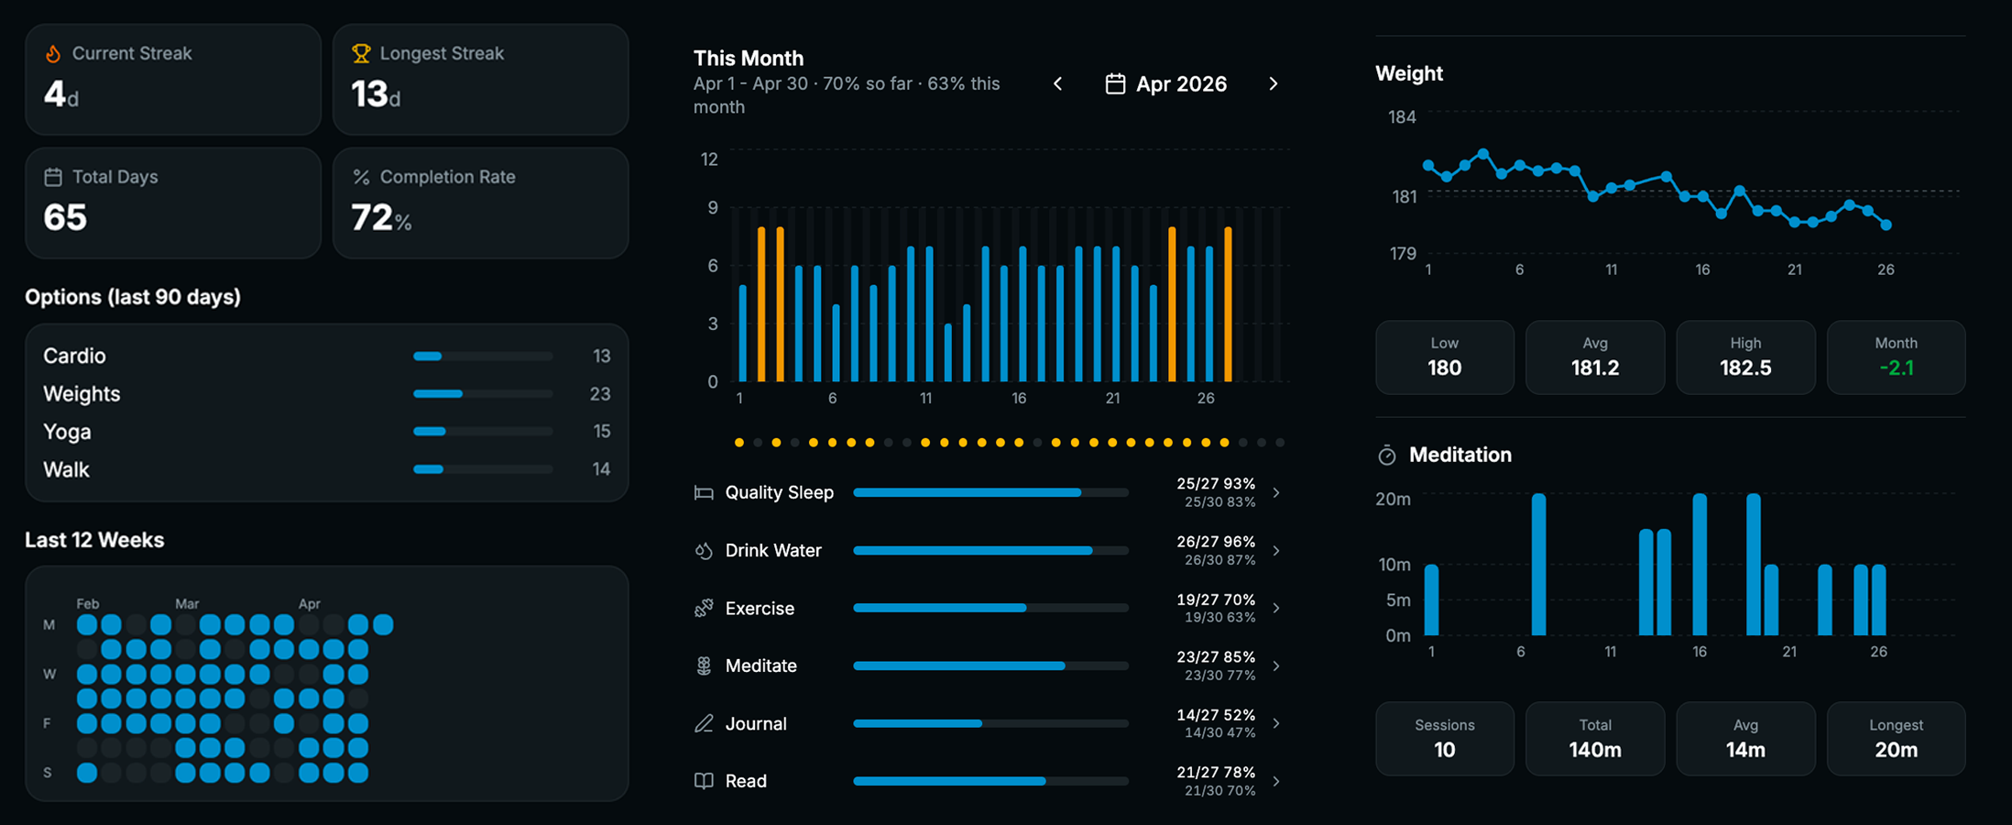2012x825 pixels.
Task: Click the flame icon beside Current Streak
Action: (53, 54)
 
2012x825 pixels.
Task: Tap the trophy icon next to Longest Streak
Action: (361, 54)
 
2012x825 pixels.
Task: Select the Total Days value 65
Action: (65, 218)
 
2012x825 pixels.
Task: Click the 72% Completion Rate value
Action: (380, 218)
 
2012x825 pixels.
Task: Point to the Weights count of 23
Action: (599, 394)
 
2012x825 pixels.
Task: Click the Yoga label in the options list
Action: (67, 432)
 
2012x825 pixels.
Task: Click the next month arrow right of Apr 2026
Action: (1273, 84)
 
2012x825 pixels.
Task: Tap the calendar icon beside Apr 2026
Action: (1115, 84)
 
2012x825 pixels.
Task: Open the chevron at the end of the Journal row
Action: (1276, 723)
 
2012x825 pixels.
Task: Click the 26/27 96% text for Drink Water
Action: (1215, 542)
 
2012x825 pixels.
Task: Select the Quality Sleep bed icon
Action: (704, 493)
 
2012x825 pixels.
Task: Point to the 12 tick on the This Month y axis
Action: (709, 159)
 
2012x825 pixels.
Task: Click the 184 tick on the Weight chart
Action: (1402, 117)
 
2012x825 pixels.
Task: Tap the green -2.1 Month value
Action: (1896, 368)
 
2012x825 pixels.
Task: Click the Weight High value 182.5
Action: (1744, 368)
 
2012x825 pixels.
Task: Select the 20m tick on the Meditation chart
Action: (1393, 500)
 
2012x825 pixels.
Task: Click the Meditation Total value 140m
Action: (1594, 750)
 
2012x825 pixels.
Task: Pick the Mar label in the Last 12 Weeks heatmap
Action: (187, 604)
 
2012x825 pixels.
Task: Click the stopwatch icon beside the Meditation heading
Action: (1387, 456)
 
